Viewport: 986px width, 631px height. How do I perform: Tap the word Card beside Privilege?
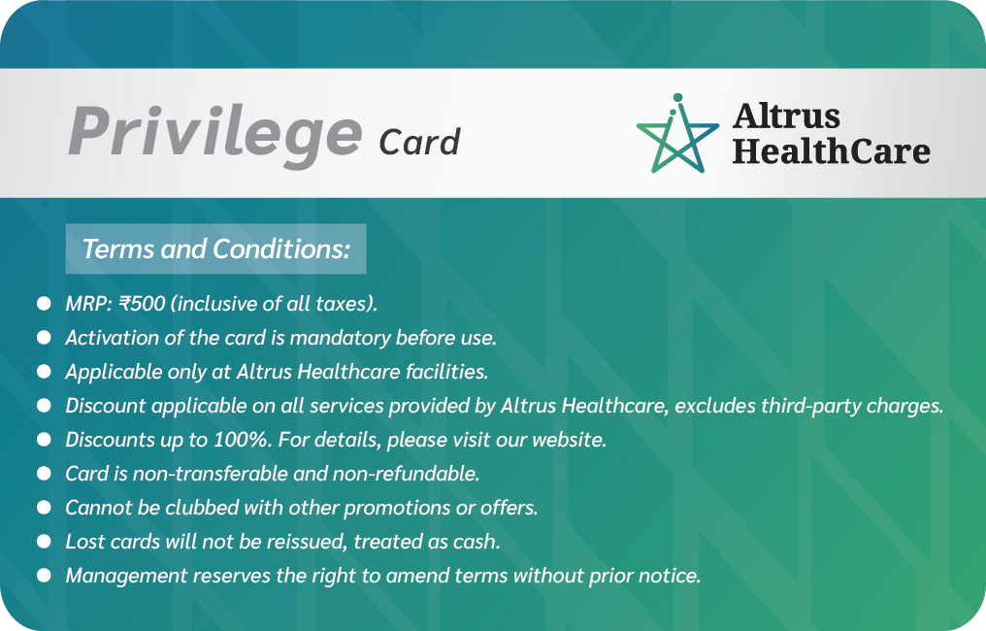point(419,142)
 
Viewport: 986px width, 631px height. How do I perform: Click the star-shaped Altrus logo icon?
point(677,133)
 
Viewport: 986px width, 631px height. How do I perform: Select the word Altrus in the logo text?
point(786,116)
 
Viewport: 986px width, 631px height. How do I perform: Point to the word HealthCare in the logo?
point(832,151)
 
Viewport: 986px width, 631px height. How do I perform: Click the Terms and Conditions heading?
point(215,249)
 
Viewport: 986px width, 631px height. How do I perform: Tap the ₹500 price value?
point(142,303)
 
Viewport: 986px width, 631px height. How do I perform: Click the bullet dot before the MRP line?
point(44,304)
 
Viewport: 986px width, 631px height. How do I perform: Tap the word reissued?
point(307,542)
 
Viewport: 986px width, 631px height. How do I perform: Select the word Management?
point(126,577)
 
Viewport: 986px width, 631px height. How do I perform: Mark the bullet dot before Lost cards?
point(44,542)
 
